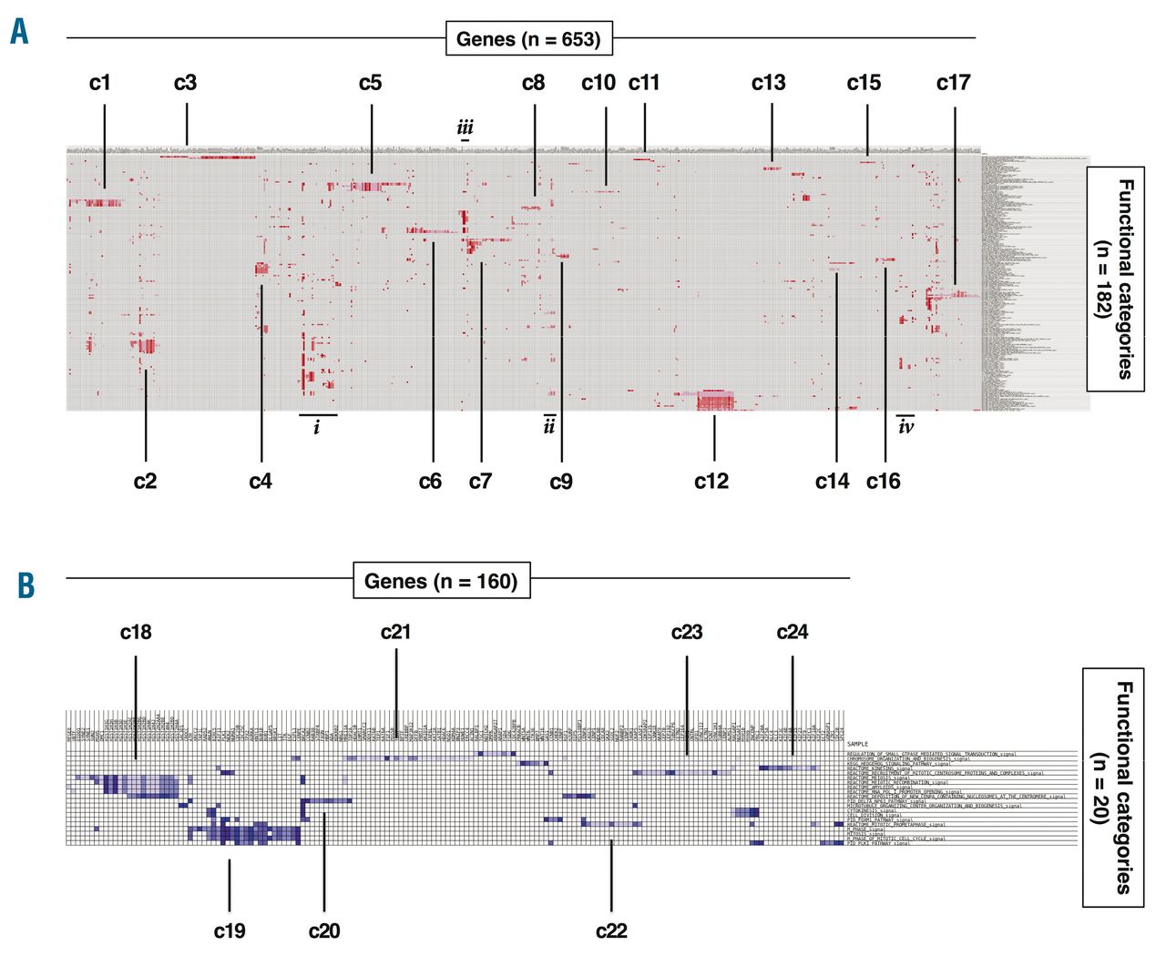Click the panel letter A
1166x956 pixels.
pos(18,34)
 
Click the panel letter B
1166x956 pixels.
pos(26,585)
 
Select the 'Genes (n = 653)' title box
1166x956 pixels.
pos(528,39)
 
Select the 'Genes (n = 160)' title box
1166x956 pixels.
pos(441,581)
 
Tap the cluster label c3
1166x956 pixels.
pos(185,83)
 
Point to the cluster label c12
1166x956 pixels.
pos(711,481)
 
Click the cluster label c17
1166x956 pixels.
pos(953,83)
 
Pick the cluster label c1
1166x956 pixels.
pos(100,83)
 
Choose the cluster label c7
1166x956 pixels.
pos(480,481)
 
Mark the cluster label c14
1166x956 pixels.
pos(832,481)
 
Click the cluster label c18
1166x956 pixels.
pos(136,632)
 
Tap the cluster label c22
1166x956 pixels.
pos(611,931)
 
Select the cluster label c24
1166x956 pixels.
pos(792,632)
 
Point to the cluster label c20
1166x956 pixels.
pos(324,931)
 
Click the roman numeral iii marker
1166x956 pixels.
pos(465,127)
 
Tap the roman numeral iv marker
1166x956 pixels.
pos(905,426)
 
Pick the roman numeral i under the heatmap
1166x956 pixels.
pos(317,427)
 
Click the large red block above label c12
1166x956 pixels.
pos(715,401)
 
